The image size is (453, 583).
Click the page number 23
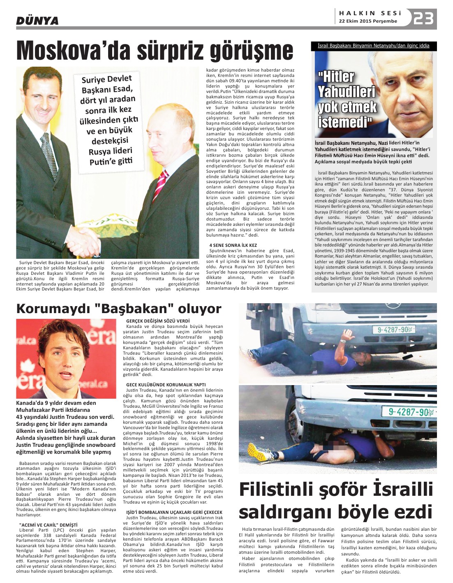tap(424, 19)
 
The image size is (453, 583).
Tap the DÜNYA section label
tap(37, 20)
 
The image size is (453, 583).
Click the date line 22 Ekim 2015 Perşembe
tap(368, 21)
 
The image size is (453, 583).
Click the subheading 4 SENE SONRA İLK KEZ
tap(233, 245)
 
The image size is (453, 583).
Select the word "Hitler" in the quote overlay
tap(336, 77)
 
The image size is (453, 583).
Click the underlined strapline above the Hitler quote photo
tap(374, 46)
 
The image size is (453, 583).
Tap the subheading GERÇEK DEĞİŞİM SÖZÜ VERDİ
tap(157, 321)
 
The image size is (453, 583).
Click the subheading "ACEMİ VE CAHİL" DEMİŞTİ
tap(48, 525)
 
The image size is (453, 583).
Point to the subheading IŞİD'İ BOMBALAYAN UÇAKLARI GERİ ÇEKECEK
tap(174, 512)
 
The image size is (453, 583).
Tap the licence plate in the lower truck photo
tap(409, 411)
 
